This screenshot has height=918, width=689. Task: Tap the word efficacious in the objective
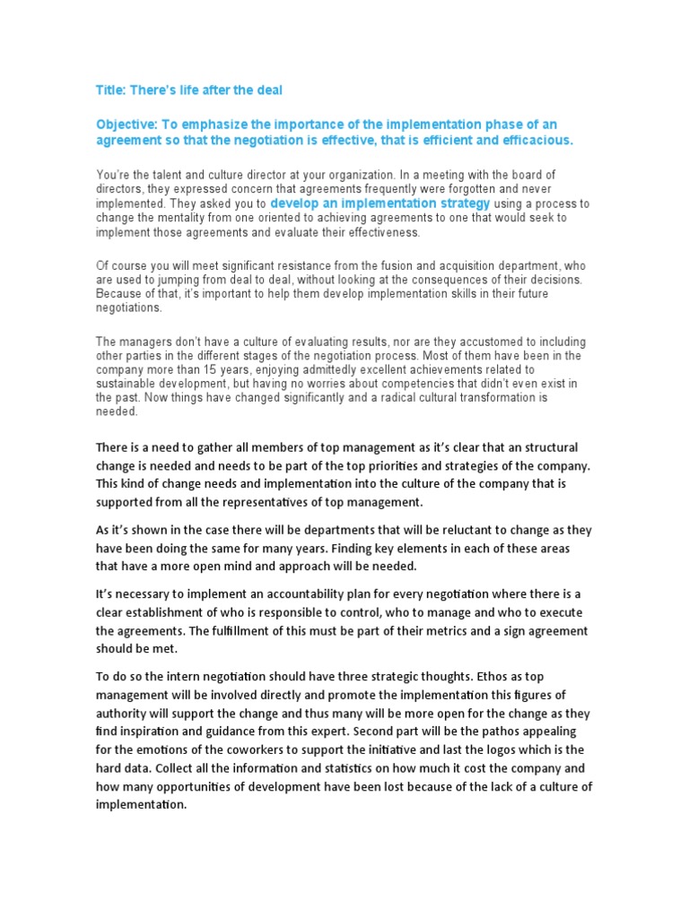tap(536, 141)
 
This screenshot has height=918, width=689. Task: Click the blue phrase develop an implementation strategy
tap(380, 204)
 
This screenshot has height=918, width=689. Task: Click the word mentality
tap(195, 218)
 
